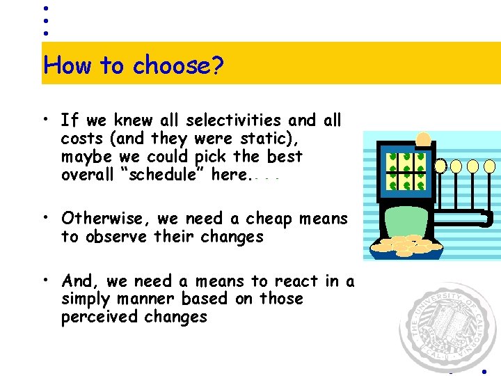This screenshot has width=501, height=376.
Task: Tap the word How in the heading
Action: coord(68,65)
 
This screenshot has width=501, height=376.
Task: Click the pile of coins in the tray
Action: coord(406,245)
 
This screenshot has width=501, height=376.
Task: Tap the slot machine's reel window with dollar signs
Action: coord(406,171)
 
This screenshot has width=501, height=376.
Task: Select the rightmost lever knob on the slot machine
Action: coord(490,166)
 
